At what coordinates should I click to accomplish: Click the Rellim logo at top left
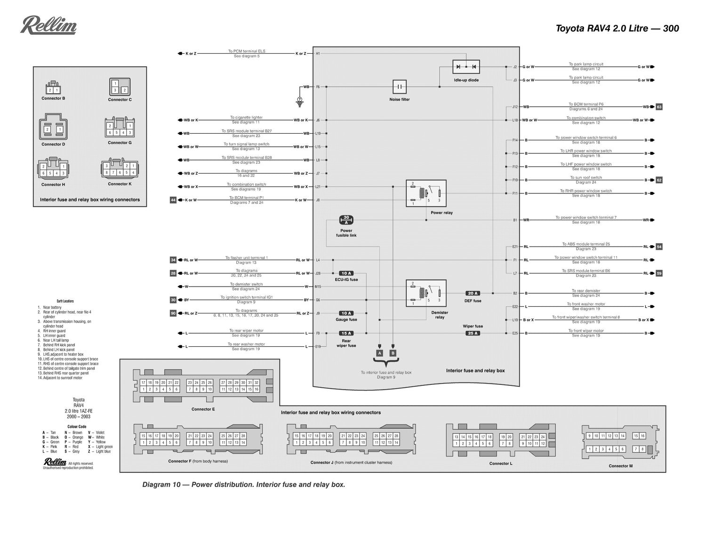point(48,25)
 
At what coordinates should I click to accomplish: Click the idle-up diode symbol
point(466,67)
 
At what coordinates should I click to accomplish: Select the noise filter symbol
point(399,87)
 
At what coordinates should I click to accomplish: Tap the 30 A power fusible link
point(346,220)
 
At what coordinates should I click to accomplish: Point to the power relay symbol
point(426,193)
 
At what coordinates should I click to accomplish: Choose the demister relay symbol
point(426,293)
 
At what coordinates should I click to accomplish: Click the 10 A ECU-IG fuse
point(346,273)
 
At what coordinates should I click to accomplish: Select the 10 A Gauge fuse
point(346,313)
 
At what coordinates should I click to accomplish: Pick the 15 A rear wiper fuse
point(346,334)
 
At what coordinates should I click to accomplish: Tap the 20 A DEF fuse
point(473,294)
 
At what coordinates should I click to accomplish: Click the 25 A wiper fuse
point(473,334)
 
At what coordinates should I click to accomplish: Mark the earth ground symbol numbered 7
point(299,100)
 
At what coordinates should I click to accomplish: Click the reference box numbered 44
point(173,200)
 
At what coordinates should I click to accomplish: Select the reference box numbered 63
point(659,107)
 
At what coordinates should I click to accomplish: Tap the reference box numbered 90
point(173,313)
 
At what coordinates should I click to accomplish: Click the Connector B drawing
point(53,88)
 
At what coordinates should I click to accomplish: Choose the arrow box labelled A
point(380,353)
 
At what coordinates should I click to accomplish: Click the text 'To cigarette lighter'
point(246,118)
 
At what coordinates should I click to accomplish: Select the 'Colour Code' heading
point(77,427)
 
